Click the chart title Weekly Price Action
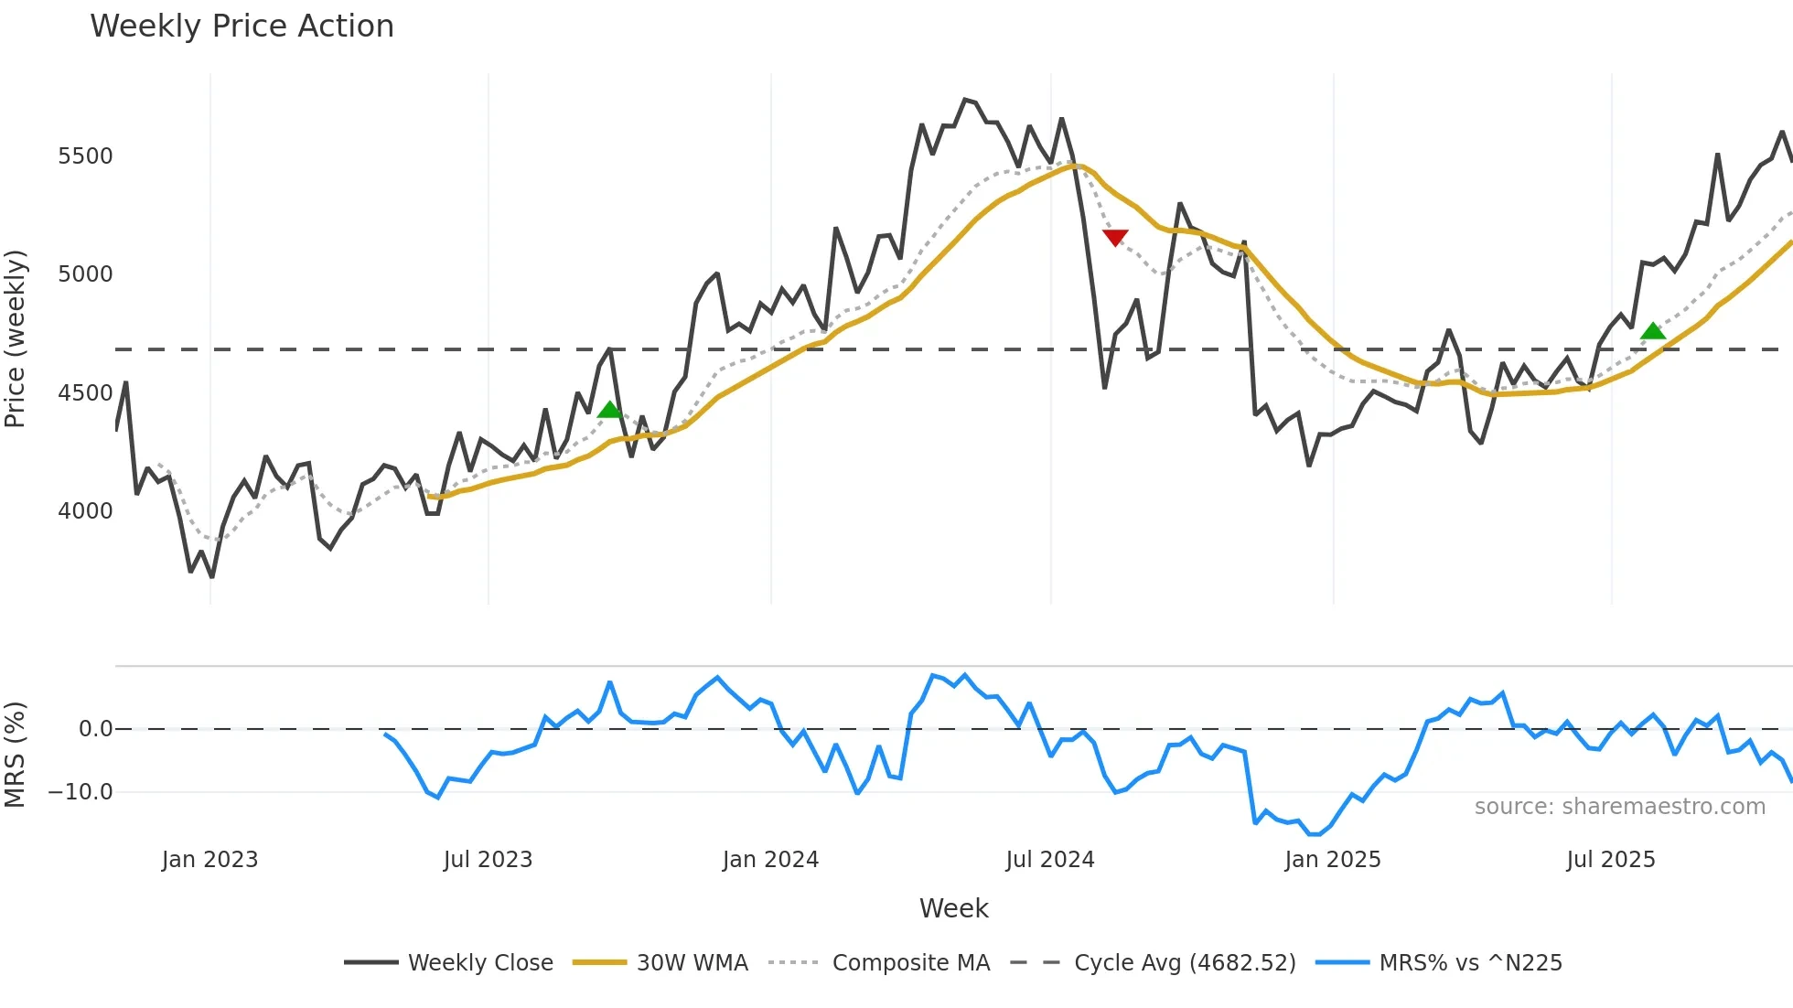coord(242,27)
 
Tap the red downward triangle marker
coord(1115,238)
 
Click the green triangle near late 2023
coord(609,410)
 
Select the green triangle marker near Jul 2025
coord(1652,331)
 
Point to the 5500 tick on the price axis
coord(85,156)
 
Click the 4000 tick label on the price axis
coord(85,511)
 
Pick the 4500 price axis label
coord(85,393)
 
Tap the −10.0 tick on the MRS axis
coord(81,792)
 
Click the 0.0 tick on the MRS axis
coord(95,729)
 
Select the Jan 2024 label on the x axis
coord(770,860)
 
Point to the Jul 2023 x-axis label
coord(488,860)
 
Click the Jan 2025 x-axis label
coord(1332,860)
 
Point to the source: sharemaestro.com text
coord(1619,807)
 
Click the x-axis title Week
coord(953,908)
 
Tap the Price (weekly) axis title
coord(16,338)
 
